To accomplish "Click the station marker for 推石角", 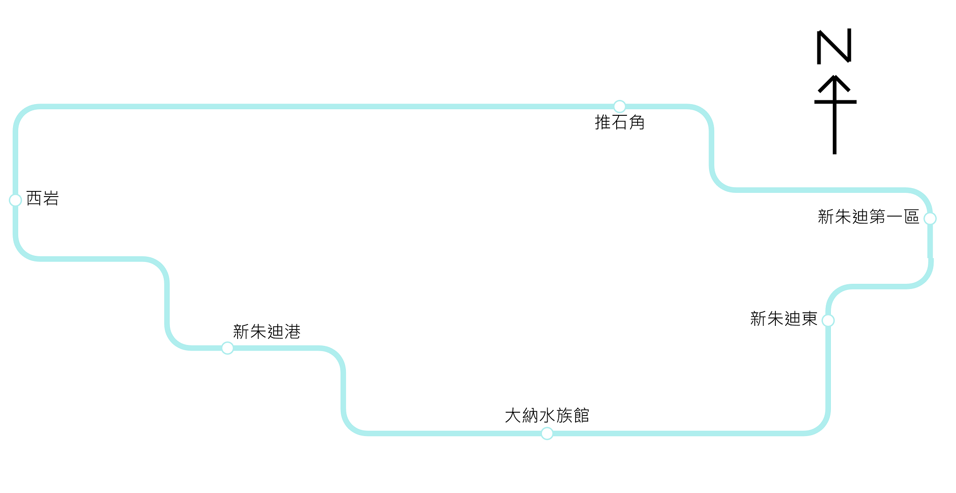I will coord(619,106).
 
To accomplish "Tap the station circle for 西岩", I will coord(15,200).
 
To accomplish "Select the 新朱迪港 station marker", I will coord(227,348).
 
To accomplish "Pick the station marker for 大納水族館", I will coord(547,434).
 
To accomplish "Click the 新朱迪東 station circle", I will coord(828,321).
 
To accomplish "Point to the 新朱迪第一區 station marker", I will coord(930,218).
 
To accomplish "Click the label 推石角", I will coord(619,122).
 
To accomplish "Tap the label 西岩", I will coord(42,198).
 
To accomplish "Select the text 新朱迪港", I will coord(267,332).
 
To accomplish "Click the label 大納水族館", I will coord(547,416).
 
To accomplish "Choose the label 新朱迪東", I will coord(784,319).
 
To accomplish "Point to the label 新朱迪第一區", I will coord(868,217).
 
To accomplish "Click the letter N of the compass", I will coord(834,47).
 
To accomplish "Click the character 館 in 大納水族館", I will coord(581,416).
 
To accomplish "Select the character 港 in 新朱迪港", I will coord(292,332).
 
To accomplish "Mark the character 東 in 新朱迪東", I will coord(809,319).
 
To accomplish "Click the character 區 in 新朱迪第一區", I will coord(912,217).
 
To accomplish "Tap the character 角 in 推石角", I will coord(637,122).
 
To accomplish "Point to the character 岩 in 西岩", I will coord(51,198).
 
